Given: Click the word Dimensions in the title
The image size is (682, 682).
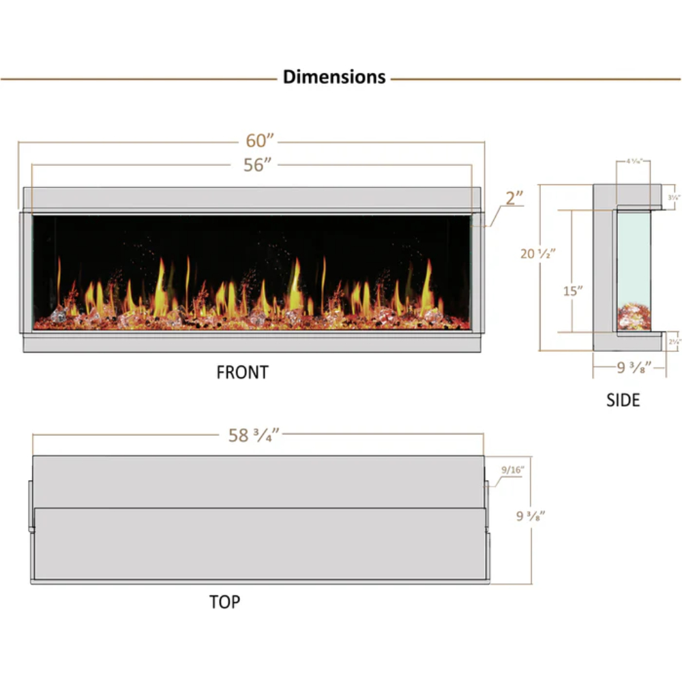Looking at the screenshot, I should point(334,76).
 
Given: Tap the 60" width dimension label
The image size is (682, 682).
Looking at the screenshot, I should point(260,140).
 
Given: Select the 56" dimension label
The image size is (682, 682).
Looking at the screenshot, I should point(258,165).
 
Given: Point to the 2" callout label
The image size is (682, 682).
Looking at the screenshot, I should point(514,198).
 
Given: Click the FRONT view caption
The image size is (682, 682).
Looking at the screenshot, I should point(242,372).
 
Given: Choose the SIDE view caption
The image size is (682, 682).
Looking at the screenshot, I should point(623,400).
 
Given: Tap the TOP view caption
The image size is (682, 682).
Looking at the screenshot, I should point(224,602).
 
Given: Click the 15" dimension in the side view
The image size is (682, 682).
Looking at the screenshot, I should point(573,291).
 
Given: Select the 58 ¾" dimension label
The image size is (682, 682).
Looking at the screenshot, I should point(254,436).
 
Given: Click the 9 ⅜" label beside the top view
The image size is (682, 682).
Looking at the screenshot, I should point(531,516).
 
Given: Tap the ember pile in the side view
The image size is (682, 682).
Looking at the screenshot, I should point(633,317).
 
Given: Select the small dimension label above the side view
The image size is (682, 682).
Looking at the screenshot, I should point(633,162).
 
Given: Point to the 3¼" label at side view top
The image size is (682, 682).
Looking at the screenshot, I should point(674,197).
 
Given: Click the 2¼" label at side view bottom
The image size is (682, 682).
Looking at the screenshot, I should point(674,341).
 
